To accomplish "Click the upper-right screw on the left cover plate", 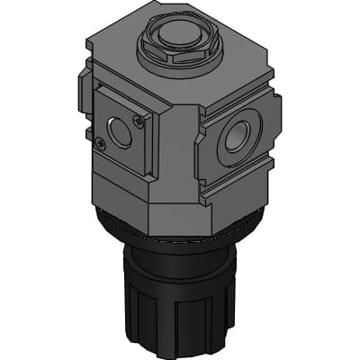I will [x=138, y=121].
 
